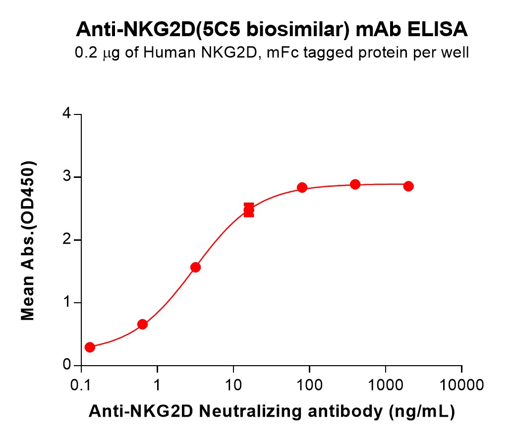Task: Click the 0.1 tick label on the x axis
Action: (81, 384)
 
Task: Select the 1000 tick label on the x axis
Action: (386, 384)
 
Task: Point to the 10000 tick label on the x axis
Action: (461, 384)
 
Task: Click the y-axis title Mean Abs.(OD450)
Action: (28, 240)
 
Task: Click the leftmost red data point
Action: (90, 347)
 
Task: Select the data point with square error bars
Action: (249, 210)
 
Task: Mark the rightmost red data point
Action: (408, 186)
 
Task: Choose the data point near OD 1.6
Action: (196, 268)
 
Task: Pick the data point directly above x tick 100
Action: (302, 187)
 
